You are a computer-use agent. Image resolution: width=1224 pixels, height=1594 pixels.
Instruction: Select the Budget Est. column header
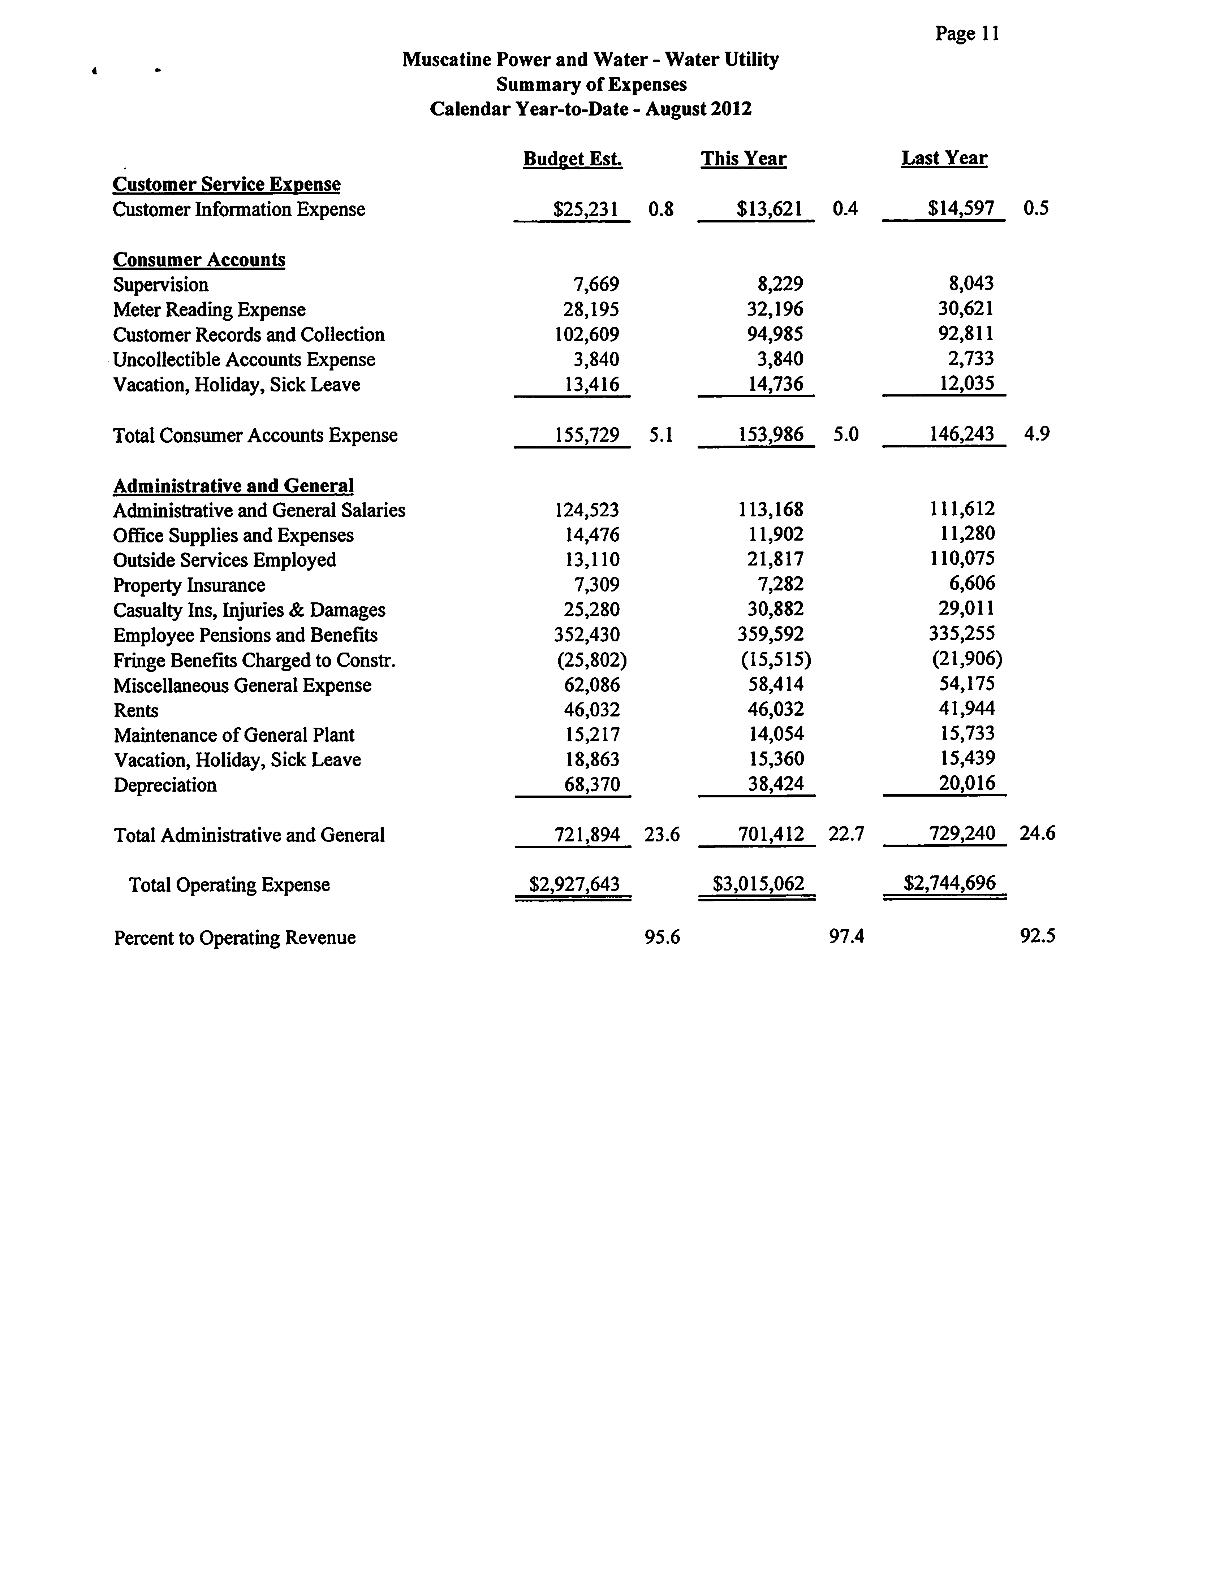(573, 159)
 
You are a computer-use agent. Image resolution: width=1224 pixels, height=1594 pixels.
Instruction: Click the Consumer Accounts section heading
(199, 260)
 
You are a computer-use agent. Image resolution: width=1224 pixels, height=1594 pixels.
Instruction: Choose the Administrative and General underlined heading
(233, 486)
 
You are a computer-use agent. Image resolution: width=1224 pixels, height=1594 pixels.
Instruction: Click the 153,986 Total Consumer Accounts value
(771, 435)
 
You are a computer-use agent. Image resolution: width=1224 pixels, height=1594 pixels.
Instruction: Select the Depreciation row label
(165, 785)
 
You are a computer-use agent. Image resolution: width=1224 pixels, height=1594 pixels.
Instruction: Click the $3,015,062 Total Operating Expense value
(758, 884)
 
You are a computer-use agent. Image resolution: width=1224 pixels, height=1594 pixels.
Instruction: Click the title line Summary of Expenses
(591, 85)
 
